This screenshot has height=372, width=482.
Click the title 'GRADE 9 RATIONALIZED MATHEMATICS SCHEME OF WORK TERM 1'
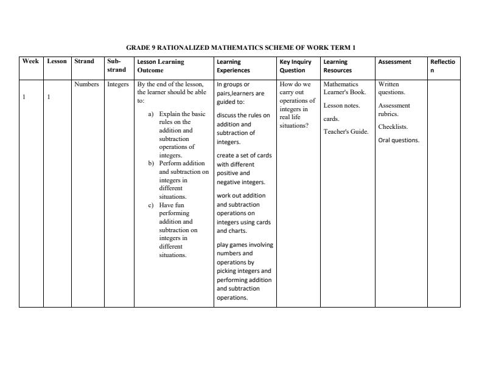point(240,47)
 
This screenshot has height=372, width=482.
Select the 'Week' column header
point(30,61)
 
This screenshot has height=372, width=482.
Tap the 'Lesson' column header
point(57,61)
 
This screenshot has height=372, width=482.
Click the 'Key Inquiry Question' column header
point(295,66)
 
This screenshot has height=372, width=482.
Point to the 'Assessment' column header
point(394,61)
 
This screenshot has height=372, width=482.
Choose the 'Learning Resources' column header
point(337,66)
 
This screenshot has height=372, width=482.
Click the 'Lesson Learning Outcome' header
point(161,66)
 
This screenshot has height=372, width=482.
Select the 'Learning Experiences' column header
point(233,66)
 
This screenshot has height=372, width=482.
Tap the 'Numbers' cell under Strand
point(86,84)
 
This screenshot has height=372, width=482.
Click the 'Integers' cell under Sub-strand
point(118,84)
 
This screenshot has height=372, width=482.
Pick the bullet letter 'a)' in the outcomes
point(152,114)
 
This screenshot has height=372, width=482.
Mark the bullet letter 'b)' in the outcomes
point(152,164)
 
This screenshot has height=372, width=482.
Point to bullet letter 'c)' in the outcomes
point(152,205)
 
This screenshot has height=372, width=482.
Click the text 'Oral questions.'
point(399,140)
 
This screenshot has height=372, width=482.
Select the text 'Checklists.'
point(393,127)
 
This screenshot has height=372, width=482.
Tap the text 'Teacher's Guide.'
point(346,132)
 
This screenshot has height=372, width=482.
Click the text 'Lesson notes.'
point(341,106)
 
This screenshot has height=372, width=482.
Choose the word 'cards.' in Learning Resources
point(331,119)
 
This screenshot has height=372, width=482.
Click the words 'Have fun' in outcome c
point(171,205)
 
